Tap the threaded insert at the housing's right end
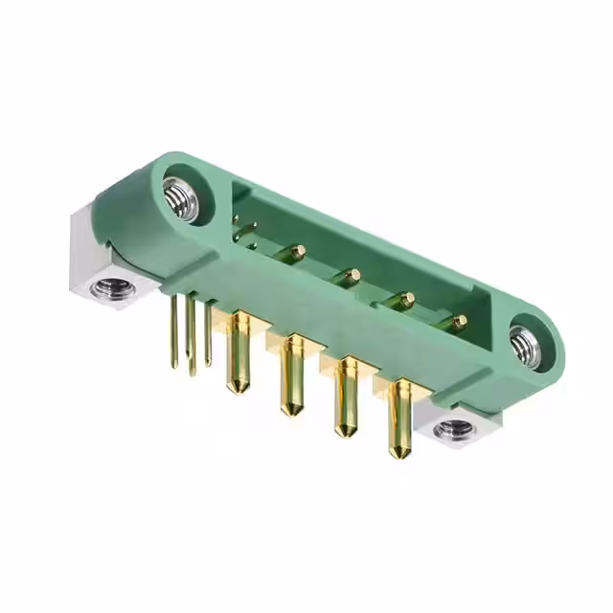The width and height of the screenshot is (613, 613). click(x=525, y=344)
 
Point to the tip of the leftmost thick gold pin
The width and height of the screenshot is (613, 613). click(x=233, y=387)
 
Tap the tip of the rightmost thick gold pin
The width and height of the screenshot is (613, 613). click(x=395, y=452)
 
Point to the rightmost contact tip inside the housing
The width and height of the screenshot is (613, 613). click(x=460, y=320)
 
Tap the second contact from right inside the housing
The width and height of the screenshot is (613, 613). click(x=406, y=298)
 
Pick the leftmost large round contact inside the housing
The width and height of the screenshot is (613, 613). click(x=298, y=252)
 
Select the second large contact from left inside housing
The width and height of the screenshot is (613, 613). click(x=352, y=275)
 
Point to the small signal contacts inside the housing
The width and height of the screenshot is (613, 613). click(x=243, y=231)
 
